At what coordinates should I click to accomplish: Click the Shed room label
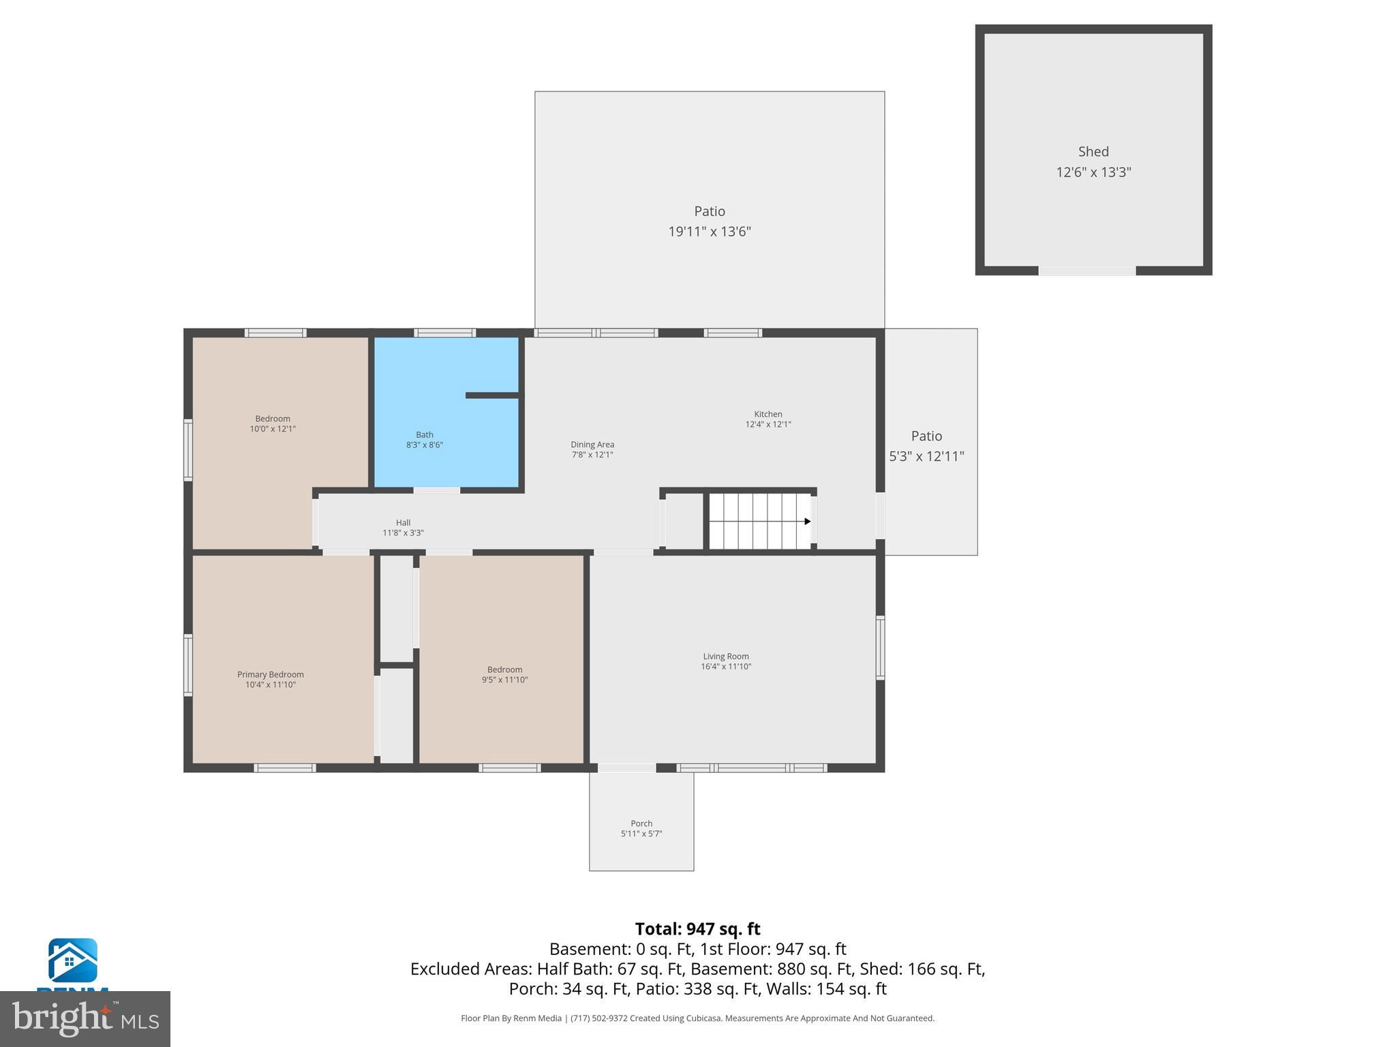click(x=1093, y=152)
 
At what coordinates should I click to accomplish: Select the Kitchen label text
click(x=768, y=414)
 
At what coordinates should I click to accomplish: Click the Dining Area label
click(x=592, y=444)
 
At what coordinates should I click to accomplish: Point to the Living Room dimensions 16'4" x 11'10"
click(x=725, y=667)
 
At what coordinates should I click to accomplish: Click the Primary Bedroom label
click(x=270, y=674)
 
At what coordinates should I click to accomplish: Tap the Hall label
click(x=403, y=523)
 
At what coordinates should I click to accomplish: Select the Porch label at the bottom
click(x=641, y=823)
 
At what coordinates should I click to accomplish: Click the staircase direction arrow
click(x=807, y=521)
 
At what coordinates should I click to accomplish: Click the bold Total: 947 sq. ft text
click(x=697, y=929)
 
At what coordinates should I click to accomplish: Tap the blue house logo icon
click(x=72, y=960)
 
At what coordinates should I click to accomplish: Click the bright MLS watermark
click(x=85, y=1018)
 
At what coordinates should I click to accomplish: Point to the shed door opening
click(x=1087, y=271)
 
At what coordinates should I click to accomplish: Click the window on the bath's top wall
click(x=444, y=333)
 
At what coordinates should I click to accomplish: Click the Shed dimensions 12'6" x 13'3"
click(x=1093, y=172)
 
